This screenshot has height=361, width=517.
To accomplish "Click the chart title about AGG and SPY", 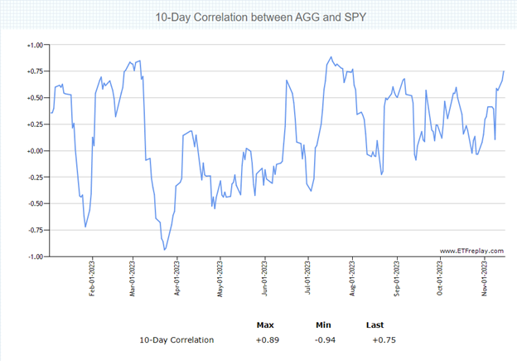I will (x=258, y=17).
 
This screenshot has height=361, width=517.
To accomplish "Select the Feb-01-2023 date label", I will (x=92, y=279).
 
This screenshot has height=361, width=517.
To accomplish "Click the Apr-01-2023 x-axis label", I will (x=176, y=279).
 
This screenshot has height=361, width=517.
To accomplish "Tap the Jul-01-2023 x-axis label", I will (x=308, y=279).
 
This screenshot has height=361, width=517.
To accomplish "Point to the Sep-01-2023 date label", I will (x=398, y=279).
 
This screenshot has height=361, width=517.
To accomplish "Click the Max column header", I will (x=266, y=324).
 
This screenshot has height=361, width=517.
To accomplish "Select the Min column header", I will (x=324, y=324).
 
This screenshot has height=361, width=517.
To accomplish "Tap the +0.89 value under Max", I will (x=266, y=340).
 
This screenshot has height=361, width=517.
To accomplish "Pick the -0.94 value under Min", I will (x=324, y=340).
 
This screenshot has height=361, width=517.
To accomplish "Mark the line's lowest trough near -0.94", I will (x=165, y=250).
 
